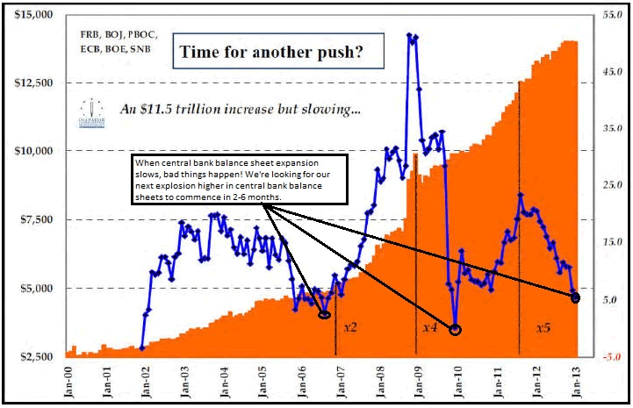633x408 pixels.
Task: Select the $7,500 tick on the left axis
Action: tap(33, 219)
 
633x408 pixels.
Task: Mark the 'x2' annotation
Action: tap(350, 326)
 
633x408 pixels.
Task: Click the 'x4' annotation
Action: tap(429, 326)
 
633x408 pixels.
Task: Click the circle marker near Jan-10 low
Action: tap(455, 330)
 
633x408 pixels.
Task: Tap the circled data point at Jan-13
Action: tap(576, 298)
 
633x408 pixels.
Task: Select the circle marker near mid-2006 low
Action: tap(324, 314)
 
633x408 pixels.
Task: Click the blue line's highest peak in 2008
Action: tap(409, 35)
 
